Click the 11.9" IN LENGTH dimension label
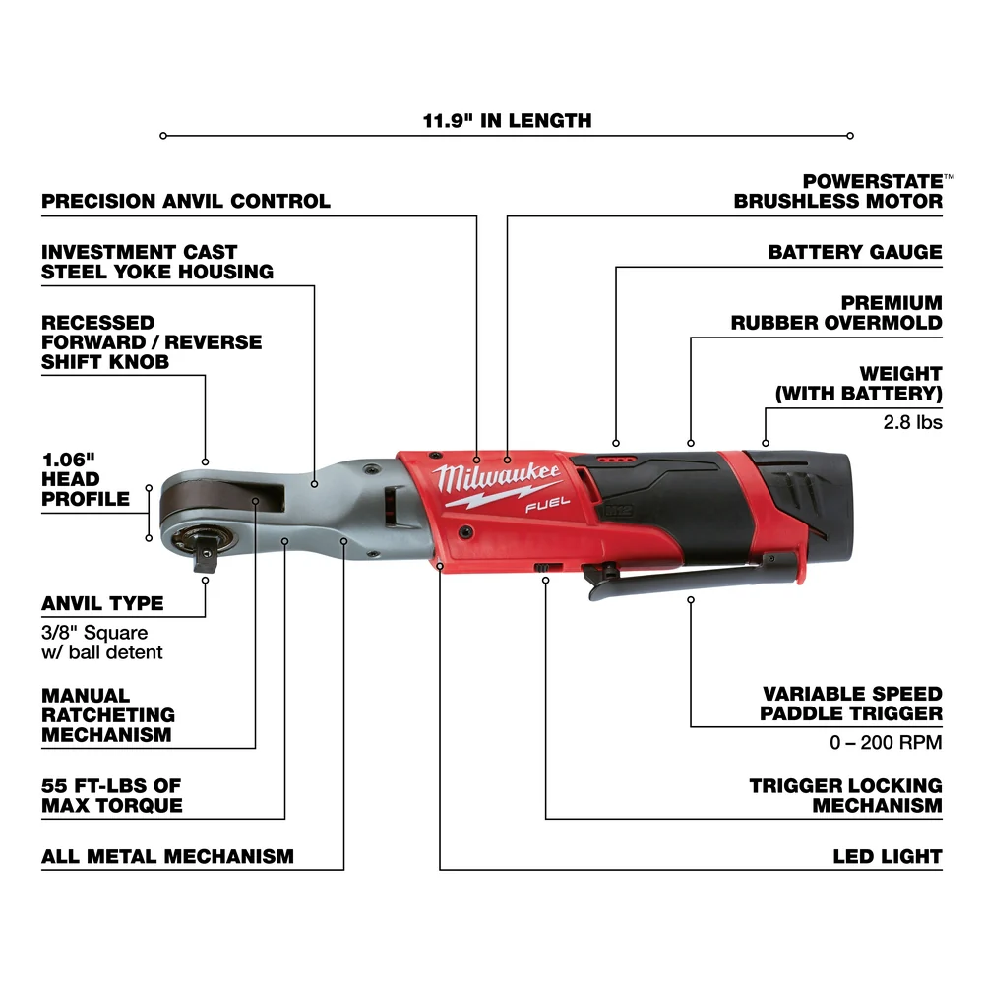point(507,121)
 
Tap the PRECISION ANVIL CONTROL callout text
point(186,201)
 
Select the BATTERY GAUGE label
point(854,252)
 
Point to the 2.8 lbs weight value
point(914,422)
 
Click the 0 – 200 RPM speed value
point(886,742)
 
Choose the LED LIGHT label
point(887,856)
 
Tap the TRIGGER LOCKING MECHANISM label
point(845,795)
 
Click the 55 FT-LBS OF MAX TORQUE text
point(112,795)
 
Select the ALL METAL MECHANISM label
point(167,856)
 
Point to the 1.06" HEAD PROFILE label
point(86,479)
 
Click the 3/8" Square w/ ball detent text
point(102,642)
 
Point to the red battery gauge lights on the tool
point(616,459)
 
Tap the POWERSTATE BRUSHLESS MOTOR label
point(838,191)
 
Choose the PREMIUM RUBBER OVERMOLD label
point(836,312)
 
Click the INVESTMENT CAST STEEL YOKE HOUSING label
point(157,262)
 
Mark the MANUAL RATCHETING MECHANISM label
point(108,715)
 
